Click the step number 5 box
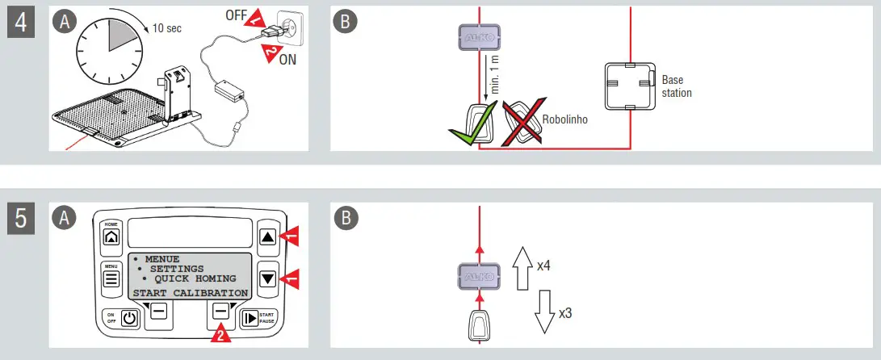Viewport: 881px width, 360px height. pos(22,219)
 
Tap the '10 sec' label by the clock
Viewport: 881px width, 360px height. pos(168,29)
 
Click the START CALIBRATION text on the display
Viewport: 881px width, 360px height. pos(191,292)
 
